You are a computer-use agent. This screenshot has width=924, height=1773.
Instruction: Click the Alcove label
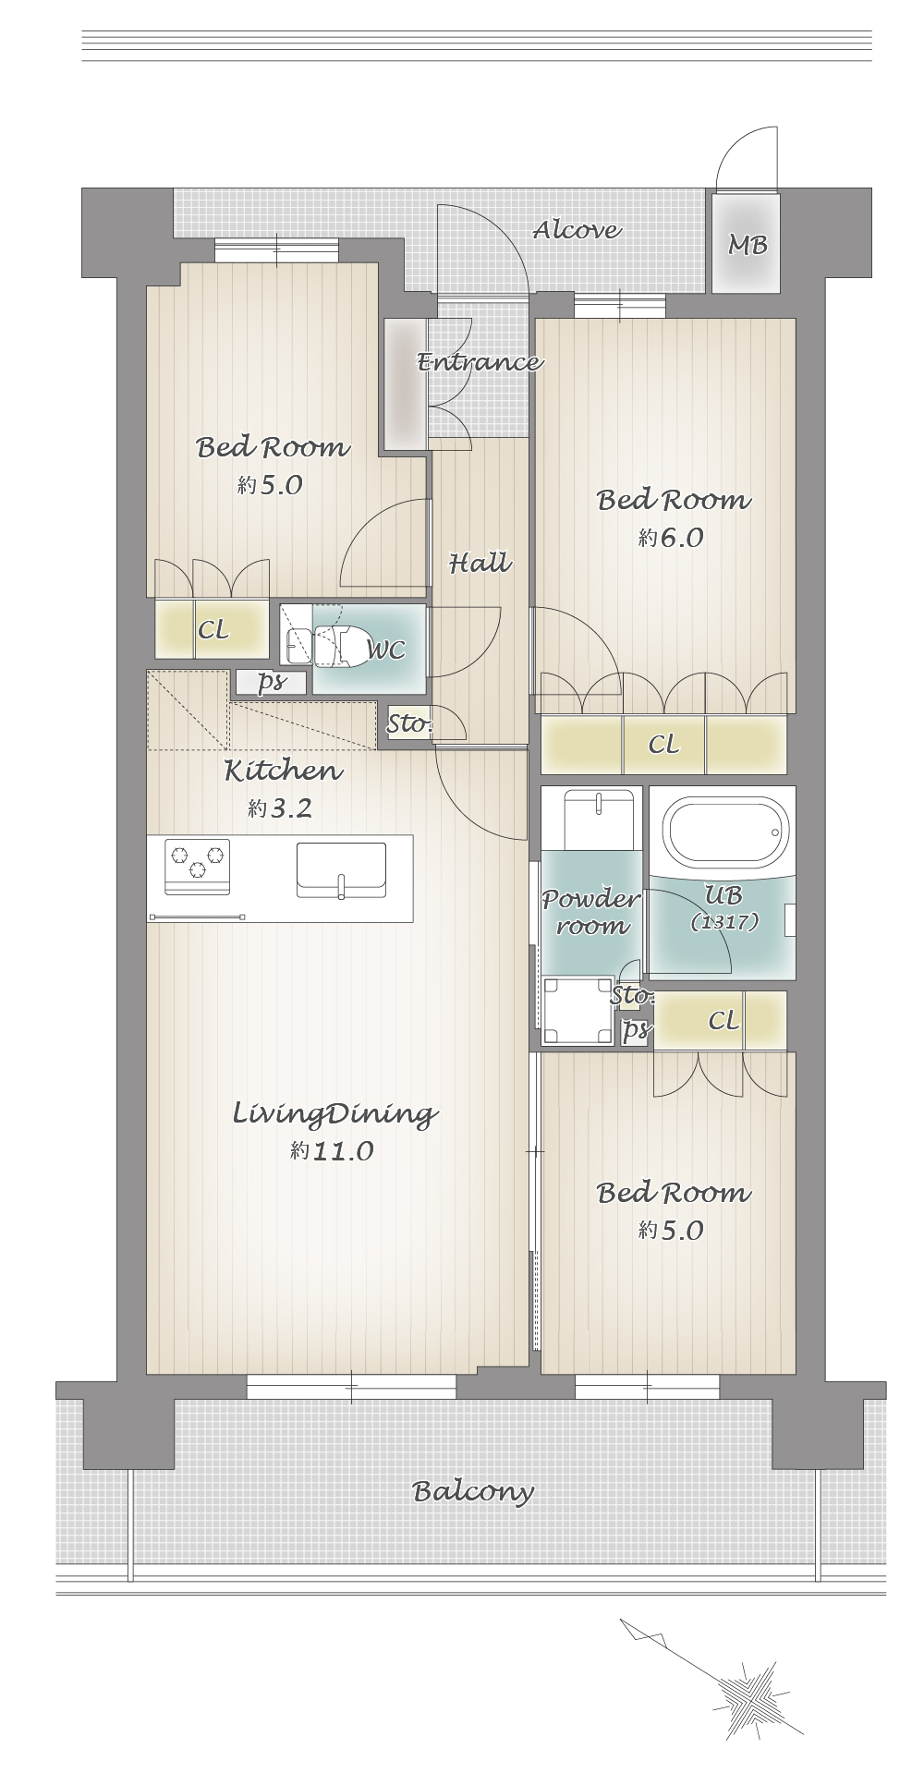(x=577, y=230)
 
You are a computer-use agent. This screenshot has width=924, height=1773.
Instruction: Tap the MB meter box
(x=747, y=243)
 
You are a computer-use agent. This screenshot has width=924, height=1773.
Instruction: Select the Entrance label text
(x=480, y=361)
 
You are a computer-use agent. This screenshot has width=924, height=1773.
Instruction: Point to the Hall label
(x=480, y=563)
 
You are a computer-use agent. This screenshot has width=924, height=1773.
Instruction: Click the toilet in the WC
(x=337, y=646)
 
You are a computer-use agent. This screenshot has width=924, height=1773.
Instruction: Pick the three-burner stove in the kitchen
(x=197, y=867)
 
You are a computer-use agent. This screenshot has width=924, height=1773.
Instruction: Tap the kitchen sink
(x=341, y=870)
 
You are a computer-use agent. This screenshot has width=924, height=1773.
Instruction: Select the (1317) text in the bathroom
(x=724, y=921)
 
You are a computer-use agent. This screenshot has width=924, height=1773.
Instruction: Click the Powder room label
(x=590, y=911)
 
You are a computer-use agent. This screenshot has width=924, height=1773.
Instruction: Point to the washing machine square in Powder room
(x=577, y=1011)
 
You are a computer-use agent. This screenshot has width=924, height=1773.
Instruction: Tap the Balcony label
(x=473, y=1491)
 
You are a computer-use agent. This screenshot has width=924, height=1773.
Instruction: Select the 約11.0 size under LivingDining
(x=332, y=1150)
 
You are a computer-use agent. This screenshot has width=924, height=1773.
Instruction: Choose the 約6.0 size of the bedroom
(x=671, y=537)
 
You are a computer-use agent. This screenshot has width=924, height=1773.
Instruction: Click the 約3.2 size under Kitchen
(x=280, y=808)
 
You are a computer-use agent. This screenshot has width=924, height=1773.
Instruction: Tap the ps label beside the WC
(x=270, y=682)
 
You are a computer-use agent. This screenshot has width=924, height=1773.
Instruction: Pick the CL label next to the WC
(x=213, y=629)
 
